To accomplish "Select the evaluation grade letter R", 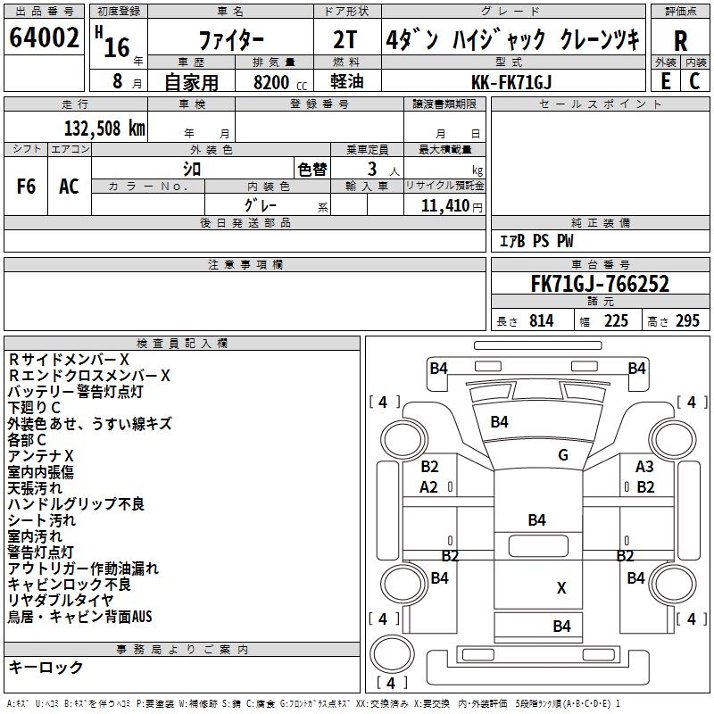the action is (x=680, y=42).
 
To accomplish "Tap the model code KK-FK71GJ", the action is (x=511, y=81).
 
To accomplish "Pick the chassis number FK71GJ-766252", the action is (x=600, y=284).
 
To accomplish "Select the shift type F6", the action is (x=27, y=186).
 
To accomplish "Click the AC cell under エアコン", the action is (x=69, y=186).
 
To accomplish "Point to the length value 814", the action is (x=541, y=321).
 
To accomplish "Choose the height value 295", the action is (x=687, y=321).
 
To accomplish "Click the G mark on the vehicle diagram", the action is (x=563, y=455).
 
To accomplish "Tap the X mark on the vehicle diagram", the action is (x=561, y=587).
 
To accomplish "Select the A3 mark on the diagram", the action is (x=644, y=467).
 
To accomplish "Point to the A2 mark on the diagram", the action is (x=428, y=487).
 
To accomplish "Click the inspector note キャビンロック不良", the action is (x=70, y=585).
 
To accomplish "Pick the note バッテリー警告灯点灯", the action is (x=75, y=391).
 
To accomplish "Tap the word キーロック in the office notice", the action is (x=46, y=667).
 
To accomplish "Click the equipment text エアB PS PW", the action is (x=535, y=241).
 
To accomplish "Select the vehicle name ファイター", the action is (x=230, y=42).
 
